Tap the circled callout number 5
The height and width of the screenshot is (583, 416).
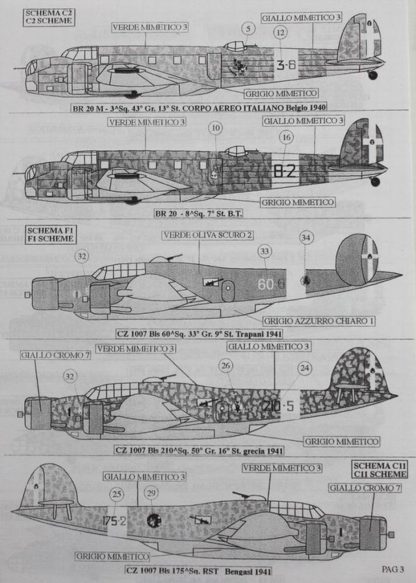click(248, 28)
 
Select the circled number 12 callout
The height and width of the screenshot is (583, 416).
click(279, 32)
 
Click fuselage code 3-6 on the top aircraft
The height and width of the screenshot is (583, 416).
click(285, 64)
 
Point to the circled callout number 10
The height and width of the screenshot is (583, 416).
click(216, 129)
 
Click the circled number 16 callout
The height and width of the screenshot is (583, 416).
click(287, 137)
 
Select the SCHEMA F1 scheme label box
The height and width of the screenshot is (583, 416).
click(49, 234)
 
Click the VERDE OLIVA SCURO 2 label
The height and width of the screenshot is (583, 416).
click(199, 234)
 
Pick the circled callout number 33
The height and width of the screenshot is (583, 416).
click(265, 251)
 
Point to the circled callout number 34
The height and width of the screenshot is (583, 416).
click(306, 238)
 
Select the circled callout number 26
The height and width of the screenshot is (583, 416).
click(226, 367)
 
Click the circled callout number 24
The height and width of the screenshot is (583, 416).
click(304, 369)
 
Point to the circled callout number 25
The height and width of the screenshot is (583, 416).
click(117, 495)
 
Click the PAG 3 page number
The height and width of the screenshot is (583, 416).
click(393, 569)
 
